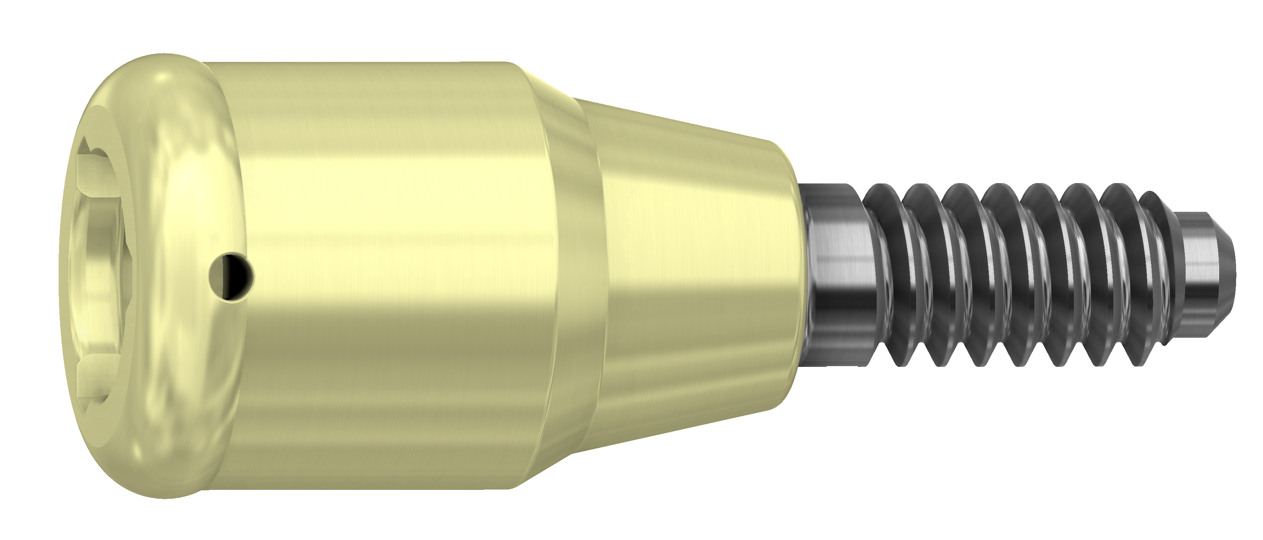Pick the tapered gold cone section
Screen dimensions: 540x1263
(696, 274)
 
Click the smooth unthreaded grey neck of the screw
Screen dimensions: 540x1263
(834, 274)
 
